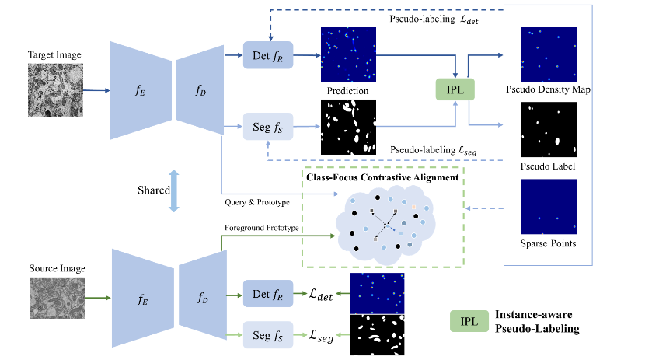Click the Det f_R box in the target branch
267,54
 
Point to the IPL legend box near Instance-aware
469,321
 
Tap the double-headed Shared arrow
174,191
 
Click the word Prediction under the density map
347,91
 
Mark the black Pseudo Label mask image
548,129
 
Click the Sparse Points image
548,207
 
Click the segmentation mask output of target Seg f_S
347,127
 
